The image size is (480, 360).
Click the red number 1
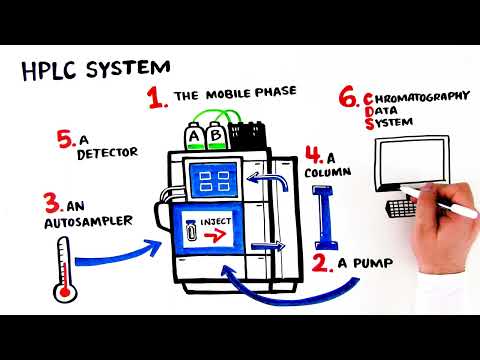pos(155,97)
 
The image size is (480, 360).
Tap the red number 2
pos(322,263)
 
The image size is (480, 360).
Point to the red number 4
pos(314,155)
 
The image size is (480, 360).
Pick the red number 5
pos(67,141)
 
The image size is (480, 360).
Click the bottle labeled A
pos(193,134)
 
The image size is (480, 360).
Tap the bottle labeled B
pos(214,134)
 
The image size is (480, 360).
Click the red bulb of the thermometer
pos(66,293)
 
